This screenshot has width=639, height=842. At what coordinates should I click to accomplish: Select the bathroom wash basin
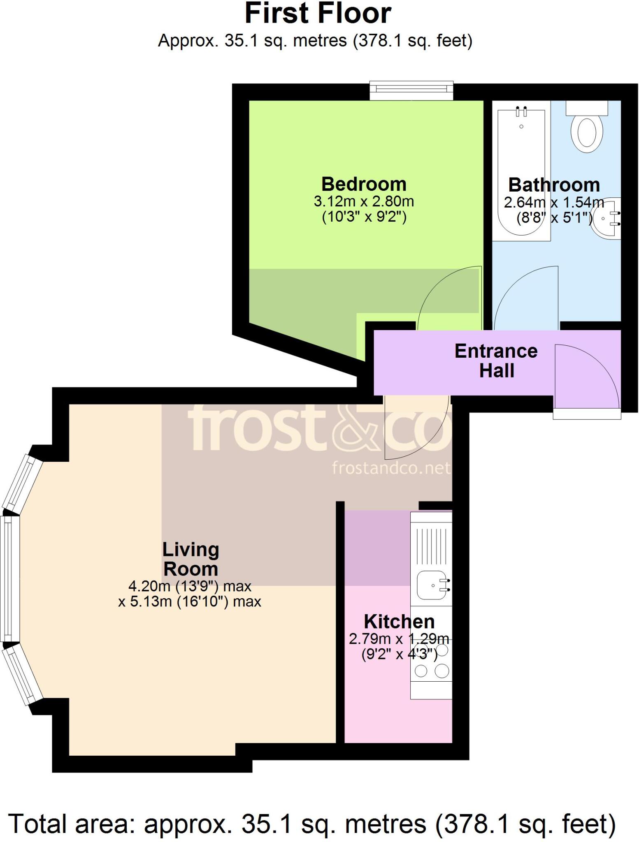pyautogui.click(x=606, y=218)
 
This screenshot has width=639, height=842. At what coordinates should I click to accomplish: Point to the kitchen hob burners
pyautogui.click(x=432, y=662)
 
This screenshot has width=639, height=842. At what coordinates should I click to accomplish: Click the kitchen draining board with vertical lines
pyautogui.click(x=431, y=546)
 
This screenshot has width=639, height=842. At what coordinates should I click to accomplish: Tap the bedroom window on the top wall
pyautogui.click(x=411, y=90)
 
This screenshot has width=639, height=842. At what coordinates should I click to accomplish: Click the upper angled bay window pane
pyautogui.click(x=23, y=483)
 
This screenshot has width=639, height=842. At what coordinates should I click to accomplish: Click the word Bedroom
pyautogui.click(x=363, y=184)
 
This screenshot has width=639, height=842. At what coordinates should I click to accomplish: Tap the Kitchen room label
pyautogui.click(x=399, y=621)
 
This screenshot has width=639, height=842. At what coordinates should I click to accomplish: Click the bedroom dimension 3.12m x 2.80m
pyautogui.click(x=363, y=201)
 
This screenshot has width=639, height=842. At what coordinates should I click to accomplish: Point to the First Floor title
pyautogui.click(x=318, y=14)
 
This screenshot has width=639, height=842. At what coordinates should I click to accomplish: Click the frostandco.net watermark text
pyautogui.click(x=391, y=468)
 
